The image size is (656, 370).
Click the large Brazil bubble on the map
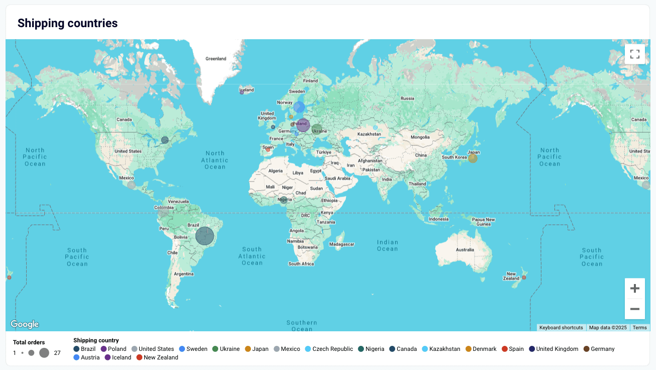pyautogui.click(x=205, y=236)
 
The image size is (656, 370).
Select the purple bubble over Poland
pyautogui.click(x=303, y=125)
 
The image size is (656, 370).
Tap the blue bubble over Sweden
pyautogui.click(x=299, y=107)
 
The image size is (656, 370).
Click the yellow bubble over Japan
pyautogui.click(x=473, y=158)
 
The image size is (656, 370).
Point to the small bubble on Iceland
pyautogui.click(x=242, y=92)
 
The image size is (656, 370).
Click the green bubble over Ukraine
pyautogui.click(x=317, y=129)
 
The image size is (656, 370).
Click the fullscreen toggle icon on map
pyautogui.click(x=634, y=54)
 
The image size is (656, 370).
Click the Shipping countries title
pyautogui.click(x=67, y=23)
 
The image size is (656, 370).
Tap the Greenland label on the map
pyautogui.click(x=216, y=59)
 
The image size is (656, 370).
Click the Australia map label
pyautogui.click(x=464, y=250)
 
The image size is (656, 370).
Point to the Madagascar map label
pyautogui.click(x=342, y=245)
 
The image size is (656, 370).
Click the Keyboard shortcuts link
pyautogui.click(x=561, y=328)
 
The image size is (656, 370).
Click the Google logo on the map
pyautogui.click(x=25, y=324)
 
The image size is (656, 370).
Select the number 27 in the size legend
pyautogui.click(x=57, y=353)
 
